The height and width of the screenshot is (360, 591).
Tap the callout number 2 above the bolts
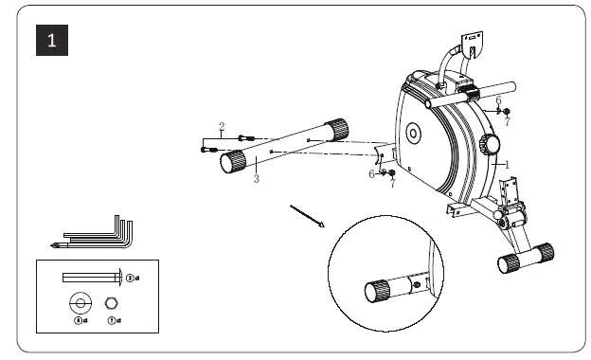(x=222, y=126)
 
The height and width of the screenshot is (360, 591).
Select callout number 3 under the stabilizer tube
(x=256, y=179)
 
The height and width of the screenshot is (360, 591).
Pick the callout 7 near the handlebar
(x=507, y=121)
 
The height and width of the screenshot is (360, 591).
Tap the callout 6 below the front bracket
(x=372, y=173)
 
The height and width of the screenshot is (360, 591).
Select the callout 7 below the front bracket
(x=392, y=182)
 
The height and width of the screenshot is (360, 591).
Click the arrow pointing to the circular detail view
(x=307, y=215)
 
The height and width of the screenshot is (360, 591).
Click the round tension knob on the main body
(x=489, y=145)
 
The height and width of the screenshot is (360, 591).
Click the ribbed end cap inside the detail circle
(x=378, y=290)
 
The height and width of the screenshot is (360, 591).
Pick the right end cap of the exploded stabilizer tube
(x=336, y=128)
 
